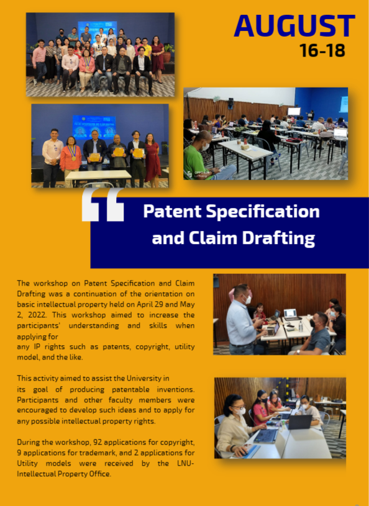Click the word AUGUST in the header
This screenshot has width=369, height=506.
(x=294, y=26)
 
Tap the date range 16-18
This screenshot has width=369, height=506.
(x=322, y=50)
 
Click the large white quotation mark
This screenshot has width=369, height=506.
(x=102, y=205)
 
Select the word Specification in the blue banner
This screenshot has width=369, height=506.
(x=263, y=211)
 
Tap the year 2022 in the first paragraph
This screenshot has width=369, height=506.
(x=37, y=315)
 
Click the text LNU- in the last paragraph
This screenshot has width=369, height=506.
(x=186, y=463)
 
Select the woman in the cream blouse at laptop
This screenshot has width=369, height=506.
(x=235, y=425)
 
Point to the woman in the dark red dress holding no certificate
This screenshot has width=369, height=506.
(x=152, y=160)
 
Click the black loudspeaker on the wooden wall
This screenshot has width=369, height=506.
(x=230, y=103)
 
